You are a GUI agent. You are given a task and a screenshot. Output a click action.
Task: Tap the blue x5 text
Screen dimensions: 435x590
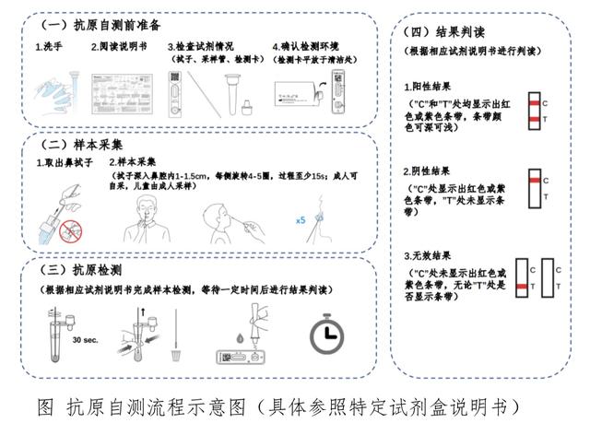[x=301, y=220]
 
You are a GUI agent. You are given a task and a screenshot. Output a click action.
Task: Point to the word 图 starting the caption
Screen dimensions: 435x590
[x=43, y=406]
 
